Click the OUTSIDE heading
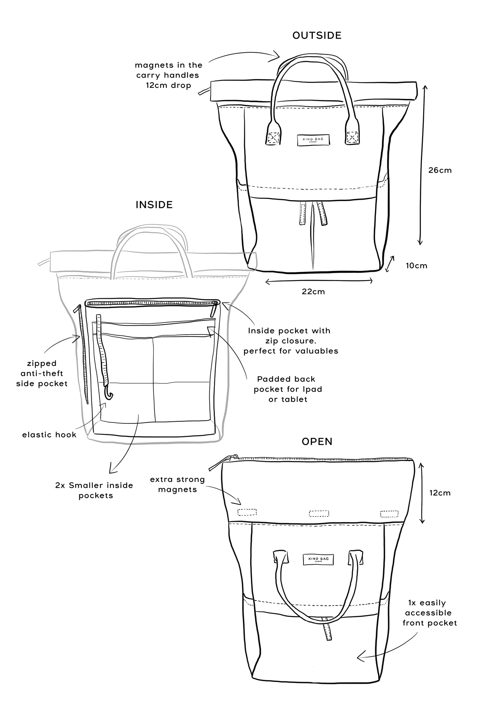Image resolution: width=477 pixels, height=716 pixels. pyautogui.click(x=317, y=36)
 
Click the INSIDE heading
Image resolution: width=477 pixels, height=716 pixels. pyautogui.click(x=154, y=205)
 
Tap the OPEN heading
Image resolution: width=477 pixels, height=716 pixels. pyautogui.click(x=317, y=442)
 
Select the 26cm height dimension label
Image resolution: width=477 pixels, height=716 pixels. pyautogui.click(x=440, y=170)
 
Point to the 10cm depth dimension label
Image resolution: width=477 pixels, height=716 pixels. pyautogui.click(x=416, y=266)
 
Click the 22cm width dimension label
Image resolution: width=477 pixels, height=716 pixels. pyautogui.click(x=313, y=292)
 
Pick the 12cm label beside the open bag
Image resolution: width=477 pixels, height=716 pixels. pyautogui.click(x=440, y=493)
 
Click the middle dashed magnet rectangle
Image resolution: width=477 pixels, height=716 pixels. pyautogui.click(x=319, y=514)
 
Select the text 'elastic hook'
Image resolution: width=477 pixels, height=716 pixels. pyautogui.click(x=49, y=435)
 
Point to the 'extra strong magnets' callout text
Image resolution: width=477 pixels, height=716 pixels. pyautogui.click(x=177, y=484)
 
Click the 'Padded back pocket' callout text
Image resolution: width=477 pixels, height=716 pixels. pyautogui.click(x=288, y=389)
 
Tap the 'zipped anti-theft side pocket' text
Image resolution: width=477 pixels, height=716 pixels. pyautogui.click(x=42, y=374)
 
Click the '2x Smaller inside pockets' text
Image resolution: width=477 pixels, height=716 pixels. pyautogui.click(x=94, y=490)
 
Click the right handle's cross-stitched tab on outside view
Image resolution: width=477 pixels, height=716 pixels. pyautogui.click(x=353, y=136)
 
